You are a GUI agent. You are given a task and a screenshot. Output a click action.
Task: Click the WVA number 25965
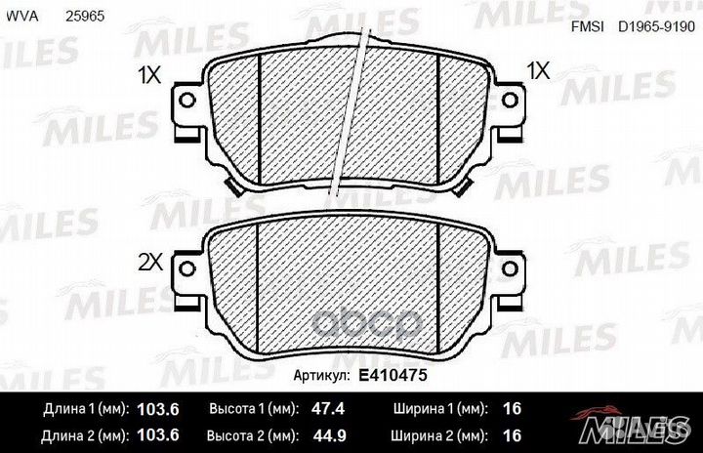click(x=85, y=17)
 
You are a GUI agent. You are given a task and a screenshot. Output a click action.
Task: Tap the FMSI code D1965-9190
click(x=656, y=26)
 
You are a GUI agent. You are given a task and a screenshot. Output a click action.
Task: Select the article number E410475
click(x=393, y=375)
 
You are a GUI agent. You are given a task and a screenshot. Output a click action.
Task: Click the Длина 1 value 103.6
click(x=158, y=409)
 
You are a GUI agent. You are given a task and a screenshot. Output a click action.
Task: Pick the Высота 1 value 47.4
click(x=328, y=408)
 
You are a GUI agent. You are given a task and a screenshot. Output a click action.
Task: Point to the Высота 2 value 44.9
click(x=329, y=435)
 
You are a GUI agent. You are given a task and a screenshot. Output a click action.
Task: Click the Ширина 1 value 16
click(x=512, y=408)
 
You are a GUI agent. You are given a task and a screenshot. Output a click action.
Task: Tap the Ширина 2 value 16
click(x=512, y=435)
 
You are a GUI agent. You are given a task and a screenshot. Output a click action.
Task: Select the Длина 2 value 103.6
click(x=158, y=435)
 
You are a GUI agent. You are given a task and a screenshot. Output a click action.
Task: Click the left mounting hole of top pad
click(x=186, y=100)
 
